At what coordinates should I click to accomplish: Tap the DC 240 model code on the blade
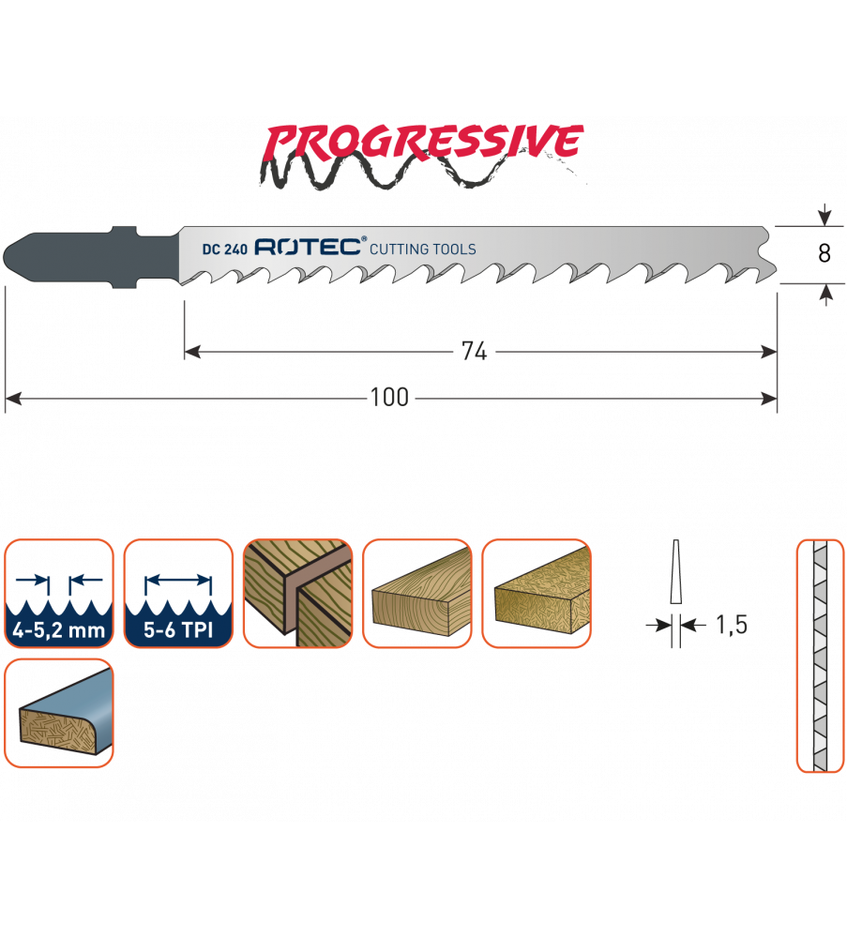(x=223, y=250)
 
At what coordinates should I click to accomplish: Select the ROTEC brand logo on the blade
(x=309, y=248)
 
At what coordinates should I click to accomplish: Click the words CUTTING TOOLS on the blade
(x=423, y=250)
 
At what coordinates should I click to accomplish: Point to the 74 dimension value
(x=475, y=352)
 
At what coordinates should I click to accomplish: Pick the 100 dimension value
(x=389, y=398)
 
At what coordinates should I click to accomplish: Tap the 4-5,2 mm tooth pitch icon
(x=59, y=593)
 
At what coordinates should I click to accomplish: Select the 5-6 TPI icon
(x=178, y=593)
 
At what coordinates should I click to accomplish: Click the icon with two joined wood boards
(x=297, y=593)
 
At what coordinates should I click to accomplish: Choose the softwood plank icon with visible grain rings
(x=416, y=593)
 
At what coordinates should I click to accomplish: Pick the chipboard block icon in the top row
(x=536, y=593)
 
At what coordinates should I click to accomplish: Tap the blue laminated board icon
(x=59, y=712)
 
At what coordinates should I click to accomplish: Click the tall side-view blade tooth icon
(x=819, y=656)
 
